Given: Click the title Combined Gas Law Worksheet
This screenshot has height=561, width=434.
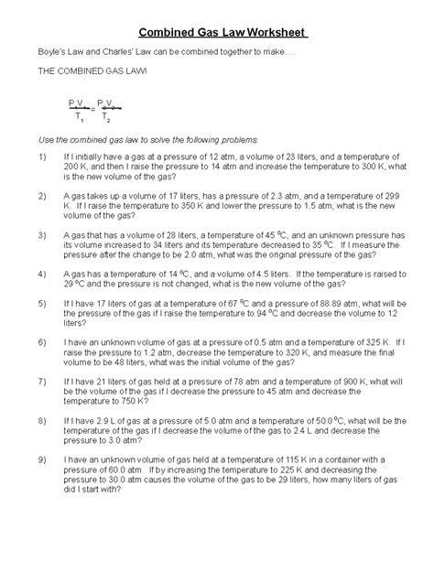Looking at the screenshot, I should pyautogui.click(x=216, y=34).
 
